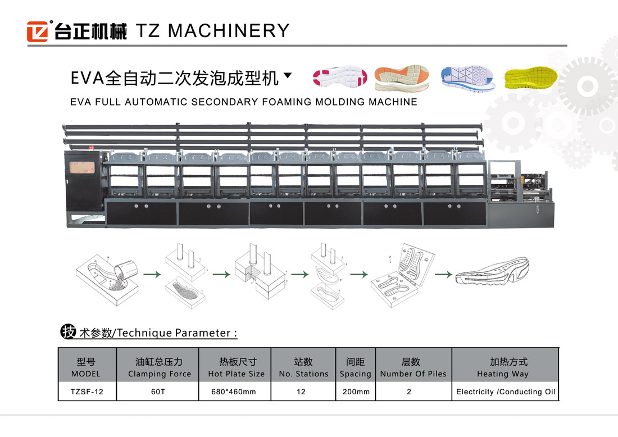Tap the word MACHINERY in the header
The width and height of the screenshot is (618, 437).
pos(228,30)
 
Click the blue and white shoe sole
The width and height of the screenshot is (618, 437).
pos(467,77)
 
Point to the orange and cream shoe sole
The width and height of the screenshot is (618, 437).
pos(402,77)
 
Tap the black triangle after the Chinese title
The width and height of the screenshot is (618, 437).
pos(288,75)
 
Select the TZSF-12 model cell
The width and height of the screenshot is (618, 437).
pos(87,392)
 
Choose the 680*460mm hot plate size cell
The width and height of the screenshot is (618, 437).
pos(235,392)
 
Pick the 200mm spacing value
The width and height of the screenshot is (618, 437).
pos(356,392)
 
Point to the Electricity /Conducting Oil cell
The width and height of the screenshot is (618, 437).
pos(506,392)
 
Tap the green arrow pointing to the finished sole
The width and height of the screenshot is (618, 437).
pos(444,275)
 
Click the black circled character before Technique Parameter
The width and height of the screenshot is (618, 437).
pos(68,332)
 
